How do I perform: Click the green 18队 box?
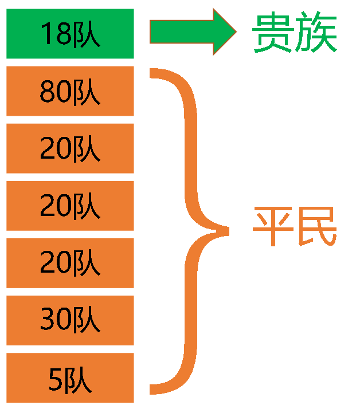70,34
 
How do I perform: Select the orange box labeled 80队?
70,91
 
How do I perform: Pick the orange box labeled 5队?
70,377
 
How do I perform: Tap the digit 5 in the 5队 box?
55,379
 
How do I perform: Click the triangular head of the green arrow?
224,32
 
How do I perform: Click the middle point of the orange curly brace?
224,231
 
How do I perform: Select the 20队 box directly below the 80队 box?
70,148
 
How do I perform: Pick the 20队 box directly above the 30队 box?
70,263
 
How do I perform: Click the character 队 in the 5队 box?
78,379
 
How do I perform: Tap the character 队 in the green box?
86,35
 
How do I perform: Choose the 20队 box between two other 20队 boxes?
70,206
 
